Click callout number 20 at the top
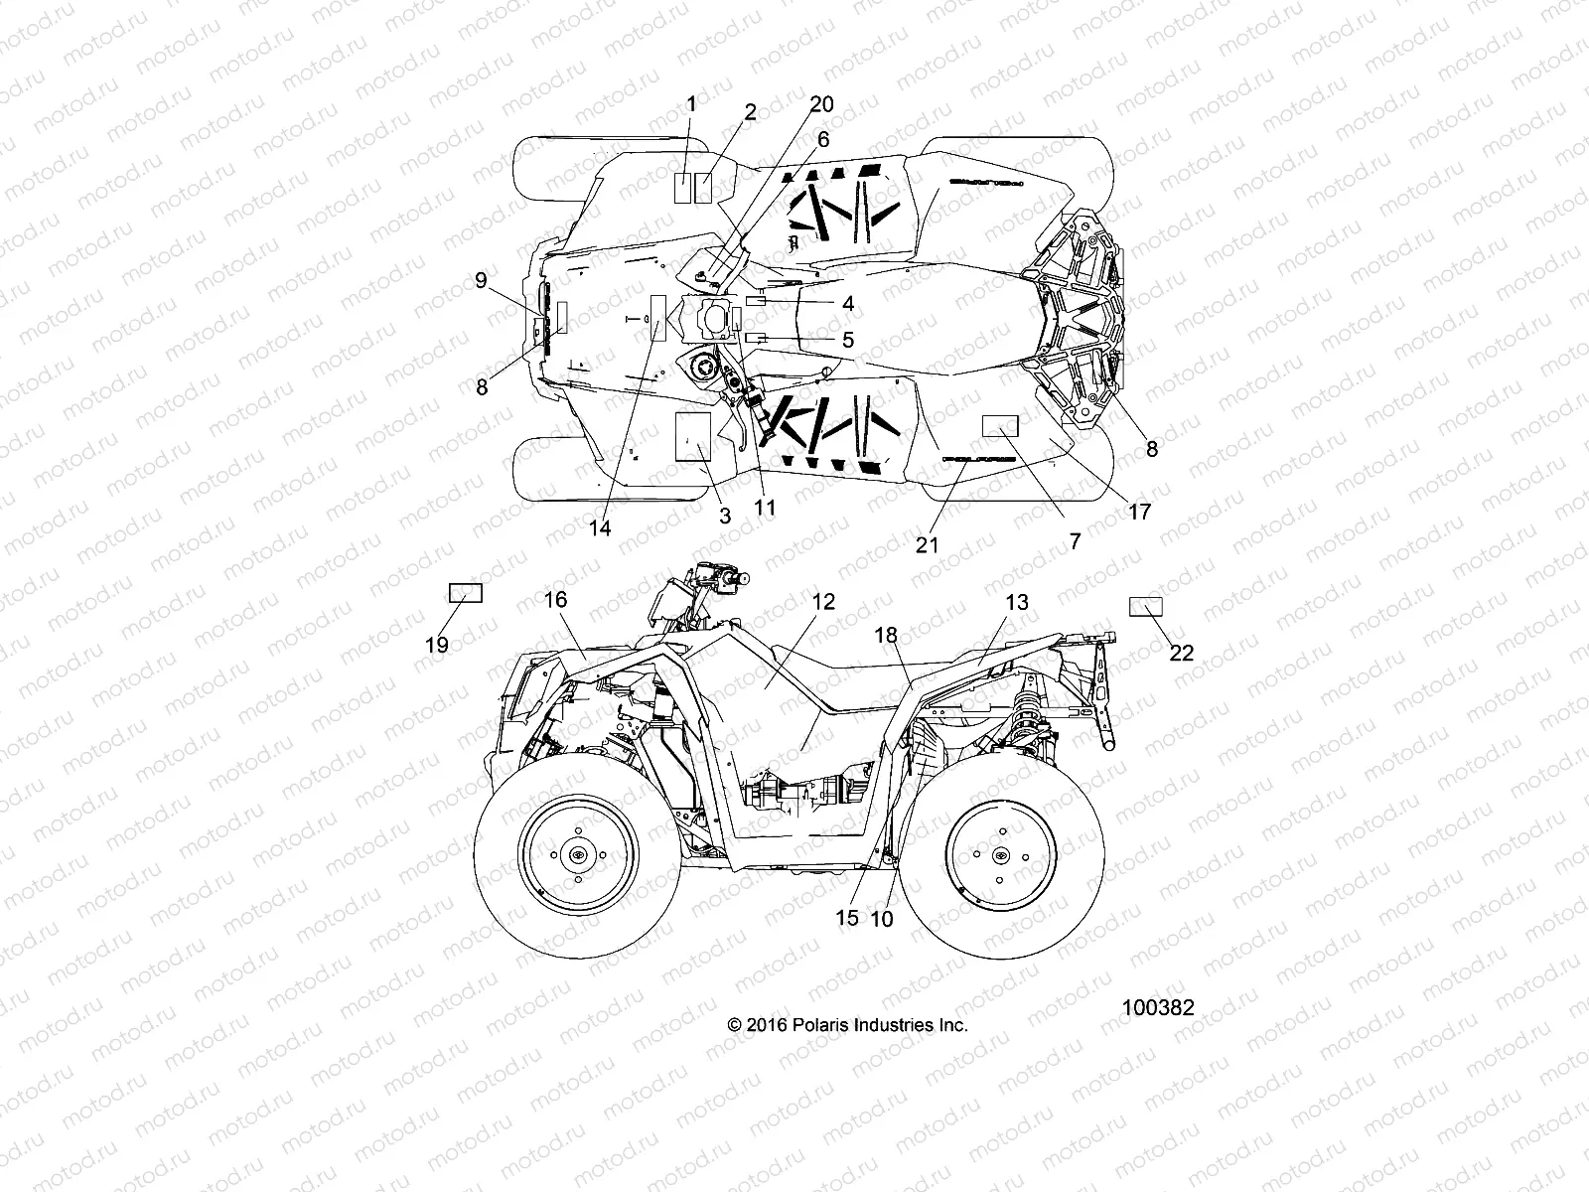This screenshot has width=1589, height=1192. [x=821, y=105]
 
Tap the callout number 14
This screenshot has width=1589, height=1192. [x=599, y=528]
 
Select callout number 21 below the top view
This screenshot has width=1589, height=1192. [x=928, y=545]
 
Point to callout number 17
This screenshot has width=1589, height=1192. [x=1138, y=512]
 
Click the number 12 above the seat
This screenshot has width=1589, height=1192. [x=822, y=602]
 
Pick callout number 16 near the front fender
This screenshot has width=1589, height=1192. [x=555, y=599]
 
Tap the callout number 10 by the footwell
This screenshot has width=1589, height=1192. [x=881, y=919]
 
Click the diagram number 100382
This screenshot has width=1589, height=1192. [x=1158, y=1007]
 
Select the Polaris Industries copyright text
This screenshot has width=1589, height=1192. [x=847, y=1025]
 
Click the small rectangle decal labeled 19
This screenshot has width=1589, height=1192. [x=466, y=594]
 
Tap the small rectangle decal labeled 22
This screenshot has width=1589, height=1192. [x=1146, y=606]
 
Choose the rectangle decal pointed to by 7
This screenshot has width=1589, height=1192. [x=1001, y=426]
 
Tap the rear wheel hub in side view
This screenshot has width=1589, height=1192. [x=998, y=855]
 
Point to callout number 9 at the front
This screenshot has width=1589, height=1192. [x=481, y=280]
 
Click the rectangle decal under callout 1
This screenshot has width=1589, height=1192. [x=684, y=188]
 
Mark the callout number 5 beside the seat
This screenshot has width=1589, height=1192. [x=847, y=340]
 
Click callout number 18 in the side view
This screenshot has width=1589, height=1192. [x=886, y=635]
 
